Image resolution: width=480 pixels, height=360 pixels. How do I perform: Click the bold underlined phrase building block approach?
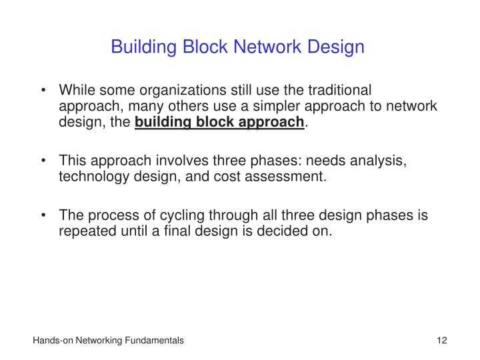coord(219,122)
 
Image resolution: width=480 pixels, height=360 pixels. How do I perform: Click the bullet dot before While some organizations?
coord(45,91)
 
